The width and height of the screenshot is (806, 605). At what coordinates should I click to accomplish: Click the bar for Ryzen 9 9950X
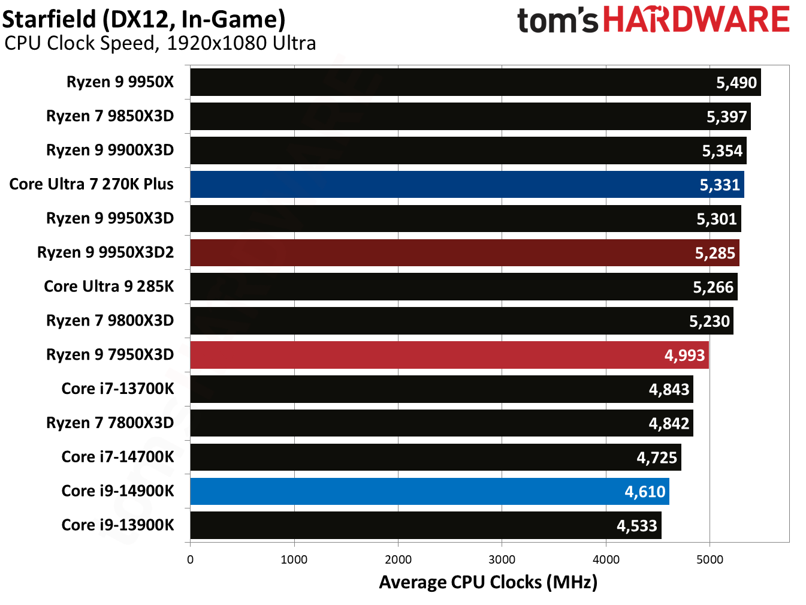click(475, 82)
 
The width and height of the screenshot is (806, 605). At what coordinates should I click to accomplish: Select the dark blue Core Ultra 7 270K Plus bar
click(467, 185)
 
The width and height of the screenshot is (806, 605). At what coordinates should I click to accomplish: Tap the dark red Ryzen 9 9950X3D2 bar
click(464, 253)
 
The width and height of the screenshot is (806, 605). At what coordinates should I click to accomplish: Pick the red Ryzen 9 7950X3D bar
click(449, 355)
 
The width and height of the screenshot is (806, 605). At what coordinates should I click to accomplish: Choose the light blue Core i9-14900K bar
click(429, 492)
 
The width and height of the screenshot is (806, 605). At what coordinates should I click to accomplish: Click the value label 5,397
click(726, 117)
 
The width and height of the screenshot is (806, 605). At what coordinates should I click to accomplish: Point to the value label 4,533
click(637, 526)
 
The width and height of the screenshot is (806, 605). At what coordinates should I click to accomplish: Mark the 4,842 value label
click(669, 424)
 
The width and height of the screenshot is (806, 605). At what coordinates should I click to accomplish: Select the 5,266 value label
click(713, 287)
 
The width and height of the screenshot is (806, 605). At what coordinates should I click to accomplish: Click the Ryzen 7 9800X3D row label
click(110, 321)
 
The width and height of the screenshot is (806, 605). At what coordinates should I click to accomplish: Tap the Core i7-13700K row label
click(117, 389)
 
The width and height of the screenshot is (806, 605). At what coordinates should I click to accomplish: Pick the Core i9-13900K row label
click(117, 525)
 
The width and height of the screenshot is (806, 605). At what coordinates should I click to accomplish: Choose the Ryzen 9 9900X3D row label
click(110, 150)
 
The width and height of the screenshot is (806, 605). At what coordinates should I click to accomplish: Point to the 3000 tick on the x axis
click(502, 559)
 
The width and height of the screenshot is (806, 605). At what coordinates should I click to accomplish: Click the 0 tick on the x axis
click(190, 559)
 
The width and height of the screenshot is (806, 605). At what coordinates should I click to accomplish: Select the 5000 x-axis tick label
click(710, 559)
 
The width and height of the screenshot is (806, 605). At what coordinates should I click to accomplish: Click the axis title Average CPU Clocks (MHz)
click(488, 582)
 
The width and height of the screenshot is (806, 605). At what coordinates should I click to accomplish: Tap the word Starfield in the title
click(49, 20)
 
